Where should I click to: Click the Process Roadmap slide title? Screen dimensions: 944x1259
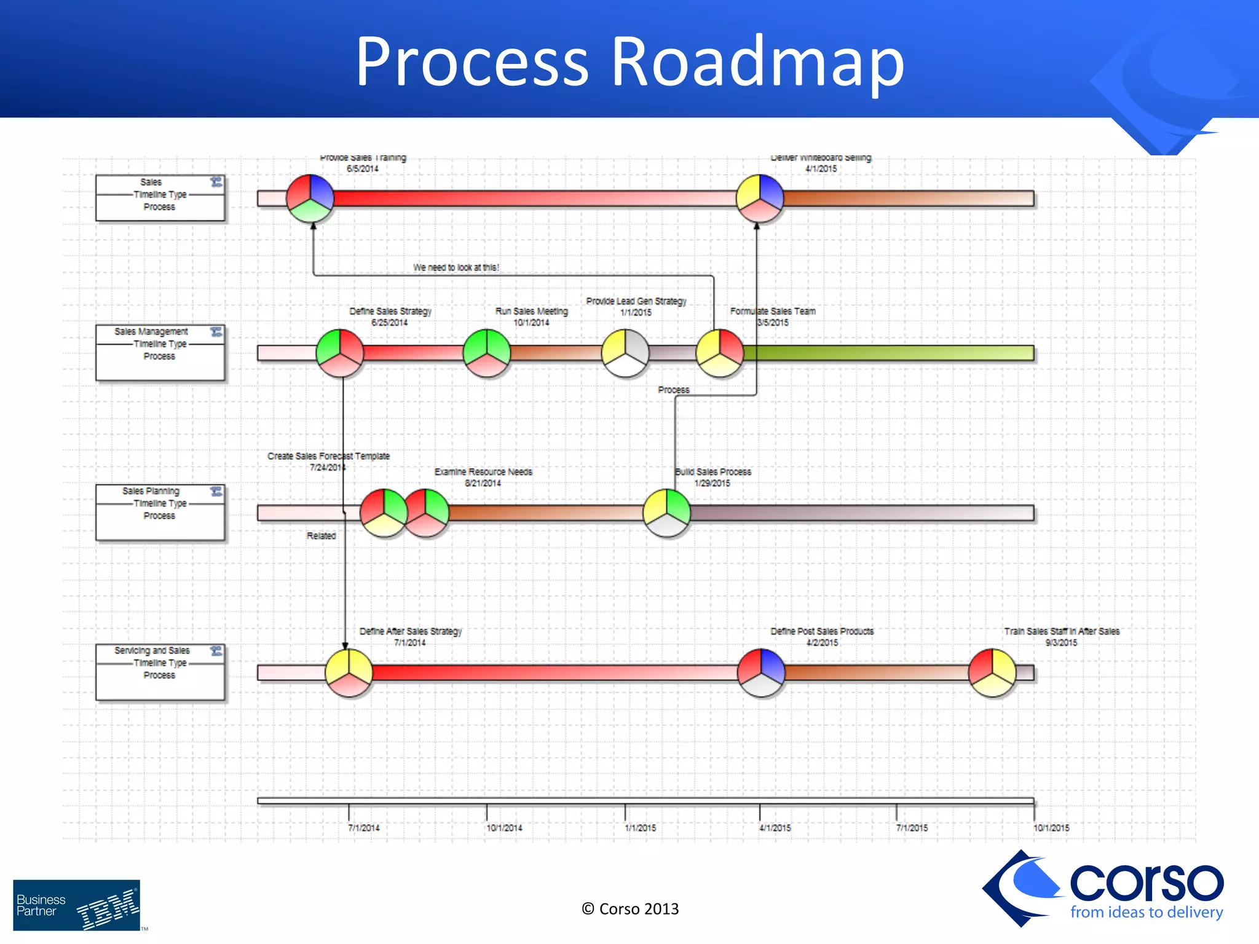point(629,61)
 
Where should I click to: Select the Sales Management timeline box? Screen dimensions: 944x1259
point(160,352)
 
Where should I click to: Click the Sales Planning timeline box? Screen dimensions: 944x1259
point(160,512)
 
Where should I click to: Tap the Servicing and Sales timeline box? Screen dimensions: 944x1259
point(160,671)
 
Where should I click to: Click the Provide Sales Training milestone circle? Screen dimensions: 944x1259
point(310,198)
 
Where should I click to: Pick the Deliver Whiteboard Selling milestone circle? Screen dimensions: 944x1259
point(760,198)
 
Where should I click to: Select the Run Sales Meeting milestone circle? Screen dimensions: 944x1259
point(487,353)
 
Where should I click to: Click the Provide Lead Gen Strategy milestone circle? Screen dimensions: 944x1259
point(625,353)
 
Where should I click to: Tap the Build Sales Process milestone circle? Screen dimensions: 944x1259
point(667,513)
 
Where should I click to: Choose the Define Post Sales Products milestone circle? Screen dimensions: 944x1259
point(761,672)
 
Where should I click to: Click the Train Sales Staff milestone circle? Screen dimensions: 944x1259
point(992,672)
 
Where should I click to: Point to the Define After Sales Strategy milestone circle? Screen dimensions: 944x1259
point(349,672)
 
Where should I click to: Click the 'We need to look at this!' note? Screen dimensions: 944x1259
point(456,267)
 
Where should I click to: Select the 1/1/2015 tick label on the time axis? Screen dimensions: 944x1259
point(641,828)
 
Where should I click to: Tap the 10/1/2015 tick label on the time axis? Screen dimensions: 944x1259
point(1051,828)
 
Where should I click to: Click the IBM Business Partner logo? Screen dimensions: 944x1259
point(77,905)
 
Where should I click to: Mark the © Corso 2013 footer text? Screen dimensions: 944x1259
point(630,909)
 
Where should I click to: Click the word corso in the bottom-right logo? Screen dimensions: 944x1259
point(1147,883)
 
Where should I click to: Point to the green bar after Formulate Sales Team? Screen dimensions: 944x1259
point(888,353)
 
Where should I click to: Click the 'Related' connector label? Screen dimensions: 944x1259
point(321,536)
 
